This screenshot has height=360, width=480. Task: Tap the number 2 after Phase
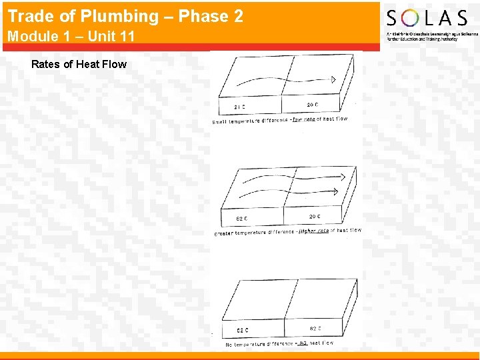tap(238, 17)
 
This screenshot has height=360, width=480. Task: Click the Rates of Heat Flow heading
tap(79, 64)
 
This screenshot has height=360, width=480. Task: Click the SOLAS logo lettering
tap(427, 18)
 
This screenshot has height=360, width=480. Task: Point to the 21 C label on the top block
tap(239, 107)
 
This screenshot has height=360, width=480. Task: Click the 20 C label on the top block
tap(313, 105)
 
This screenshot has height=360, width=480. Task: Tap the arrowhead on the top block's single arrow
tap(333, 80)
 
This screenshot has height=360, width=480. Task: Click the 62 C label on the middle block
tap(242, 218)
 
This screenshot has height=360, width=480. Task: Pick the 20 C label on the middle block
tap(315, 216)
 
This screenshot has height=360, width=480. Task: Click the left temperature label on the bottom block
tap(243, 330)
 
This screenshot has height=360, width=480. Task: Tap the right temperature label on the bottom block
tap(315, 328)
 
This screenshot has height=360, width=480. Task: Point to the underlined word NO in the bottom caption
tap(301, 343)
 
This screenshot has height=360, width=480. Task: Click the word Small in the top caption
tap(219, 122)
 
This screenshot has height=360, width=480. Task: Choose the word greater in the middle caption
tap(225, 233)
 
